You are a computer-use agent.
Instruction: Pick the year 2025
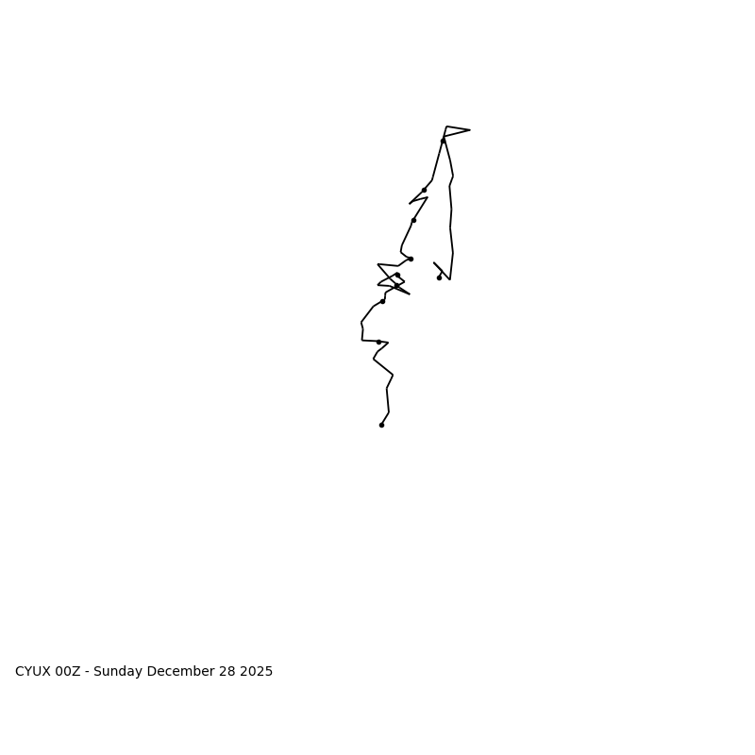click(256, 672)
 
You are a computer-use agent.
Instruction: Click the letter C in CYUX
click(20, 672)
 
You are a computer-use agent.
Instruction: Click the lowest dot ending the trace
click(381, 425)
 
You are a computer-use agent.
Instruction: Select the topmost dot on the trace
click(443, 141)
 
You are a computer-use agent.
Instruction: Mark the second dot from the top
click(424, 190)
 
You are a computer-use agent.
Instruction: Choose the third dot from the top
click(413, 220)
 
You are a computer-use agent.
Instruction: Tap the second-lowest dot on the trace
click(378, 342)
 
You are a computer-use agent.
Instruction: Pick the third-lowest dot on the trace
click(382, 301)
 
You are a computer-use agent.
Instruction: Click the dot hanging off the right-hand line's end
click(439, 277)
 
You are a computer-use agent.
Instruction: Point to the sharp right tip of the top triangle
click(469, 130)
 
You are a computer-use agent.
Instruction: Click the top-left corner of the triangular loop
click(447, 126)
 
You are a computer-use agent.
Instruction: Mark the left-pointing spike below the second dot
click(410, 203)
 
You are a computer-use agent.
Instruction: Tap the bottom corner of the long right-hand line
click(449, 279)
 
